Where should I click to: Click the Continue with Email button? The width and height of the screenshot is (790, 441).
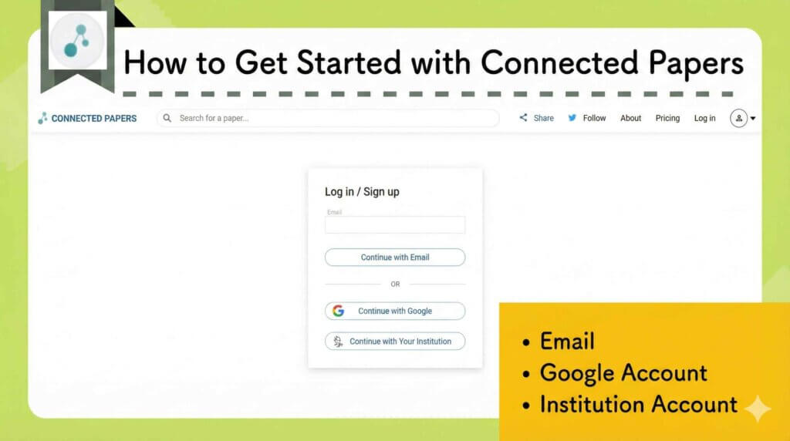(x=394, y=258)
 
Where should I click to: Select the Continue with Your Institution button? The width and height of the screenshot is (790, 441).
(x=394, y=341)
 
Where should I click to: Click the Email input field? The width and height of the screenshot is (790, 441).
(x=394, y=224)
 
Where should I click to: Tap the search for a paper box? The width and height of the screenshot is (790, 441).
(x=328, y=118)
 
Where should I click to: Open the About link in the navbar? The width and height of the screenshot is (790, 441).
(x=630, y=118)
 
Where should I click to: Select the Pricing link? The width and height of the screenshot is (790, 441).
(x=667, y=118)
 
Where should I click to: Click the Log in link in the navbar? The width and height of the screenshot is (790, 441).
(x=704, y=118)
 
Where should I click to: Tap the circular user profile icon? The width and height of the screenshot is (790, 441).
(x=738, y=118)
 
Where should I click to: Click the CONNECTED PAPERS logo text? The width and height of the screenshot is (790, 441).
(x=93, y=119)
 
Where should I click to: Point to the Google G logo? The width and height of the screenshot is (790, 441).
(x=338, y=311)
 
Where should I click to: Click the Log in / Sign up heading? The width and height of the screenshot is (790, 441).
(x=362, y=192)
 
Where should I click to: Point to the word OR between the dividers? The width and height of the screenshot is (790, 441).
(x=395, y=284)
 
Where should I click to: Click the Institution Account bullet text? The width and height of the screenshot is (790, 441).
(x=638, y=404)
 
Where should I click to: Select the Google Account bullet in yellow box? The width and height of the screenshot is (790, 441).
(x=623, y=373)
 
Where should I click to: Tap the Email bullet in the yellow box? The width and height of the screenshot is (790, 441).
(x=567, y=341)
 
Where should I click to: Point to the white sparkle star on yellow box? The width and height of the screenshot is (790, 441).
(x=757, y=409)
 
